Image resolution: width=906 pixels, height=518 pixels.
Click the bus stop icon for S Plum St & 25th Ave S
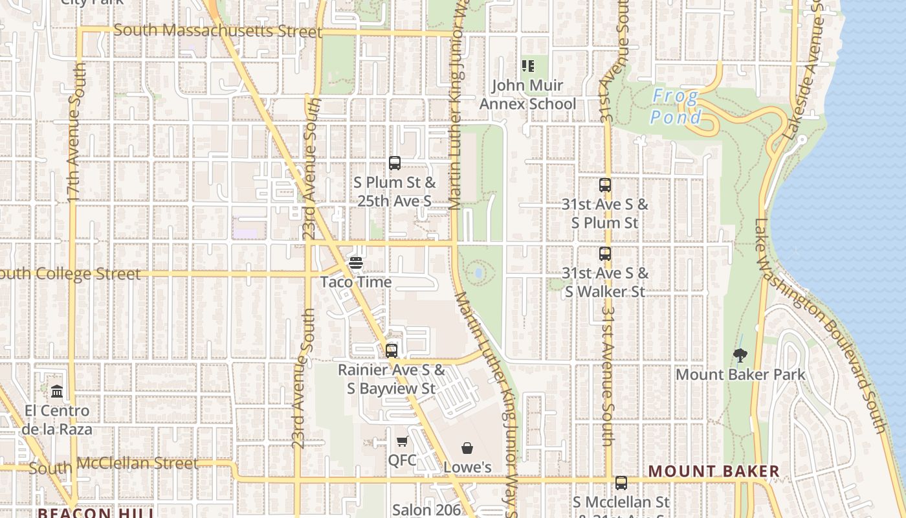(395, 163)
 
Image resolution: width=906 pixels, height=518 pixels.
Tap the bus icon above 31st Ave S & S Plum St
(605, 185)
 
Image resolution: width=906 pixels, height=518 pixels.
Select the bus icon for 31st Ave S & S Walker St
(605, 254)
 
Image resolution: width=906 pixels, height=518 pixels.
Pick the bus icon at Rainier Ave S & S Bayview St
(392, 351)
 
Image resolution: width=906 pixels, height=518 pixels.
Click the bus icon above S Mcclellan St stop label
(621, 482)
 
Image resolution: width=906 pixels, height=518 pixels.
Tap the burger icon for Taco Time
(355, 263)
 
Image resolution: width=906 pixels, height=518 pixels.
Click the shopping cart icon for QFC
(403, 442)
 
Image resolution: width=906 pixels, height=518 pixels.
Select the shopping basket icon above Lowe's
(467, 448)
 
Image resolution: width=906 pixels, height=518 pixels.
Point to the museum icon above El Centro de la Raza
(57, 392)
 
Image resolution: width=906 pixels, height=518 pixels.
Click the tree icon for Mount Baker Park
(740, 355)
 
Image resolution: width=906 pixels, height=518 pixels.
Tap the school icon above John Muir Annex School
(528, 66)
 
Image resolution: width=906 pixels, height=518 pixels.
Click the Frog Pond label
(676, 107)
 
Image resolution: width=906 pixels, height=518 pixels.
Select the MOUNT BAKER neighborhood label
(714, 471)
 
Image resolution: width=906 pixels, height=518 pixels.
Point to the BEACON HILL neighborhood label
(95, 513)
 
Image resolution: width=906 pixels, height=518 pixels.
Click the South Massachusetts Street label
(217, 30)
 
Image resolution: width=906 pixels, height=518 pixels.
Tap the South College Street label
(70, 274)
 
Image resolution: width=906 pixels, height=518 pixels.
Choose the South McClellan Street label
(113, 464)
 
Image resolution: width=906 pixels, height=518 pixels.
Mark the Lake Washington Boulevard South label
(821, 325)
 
